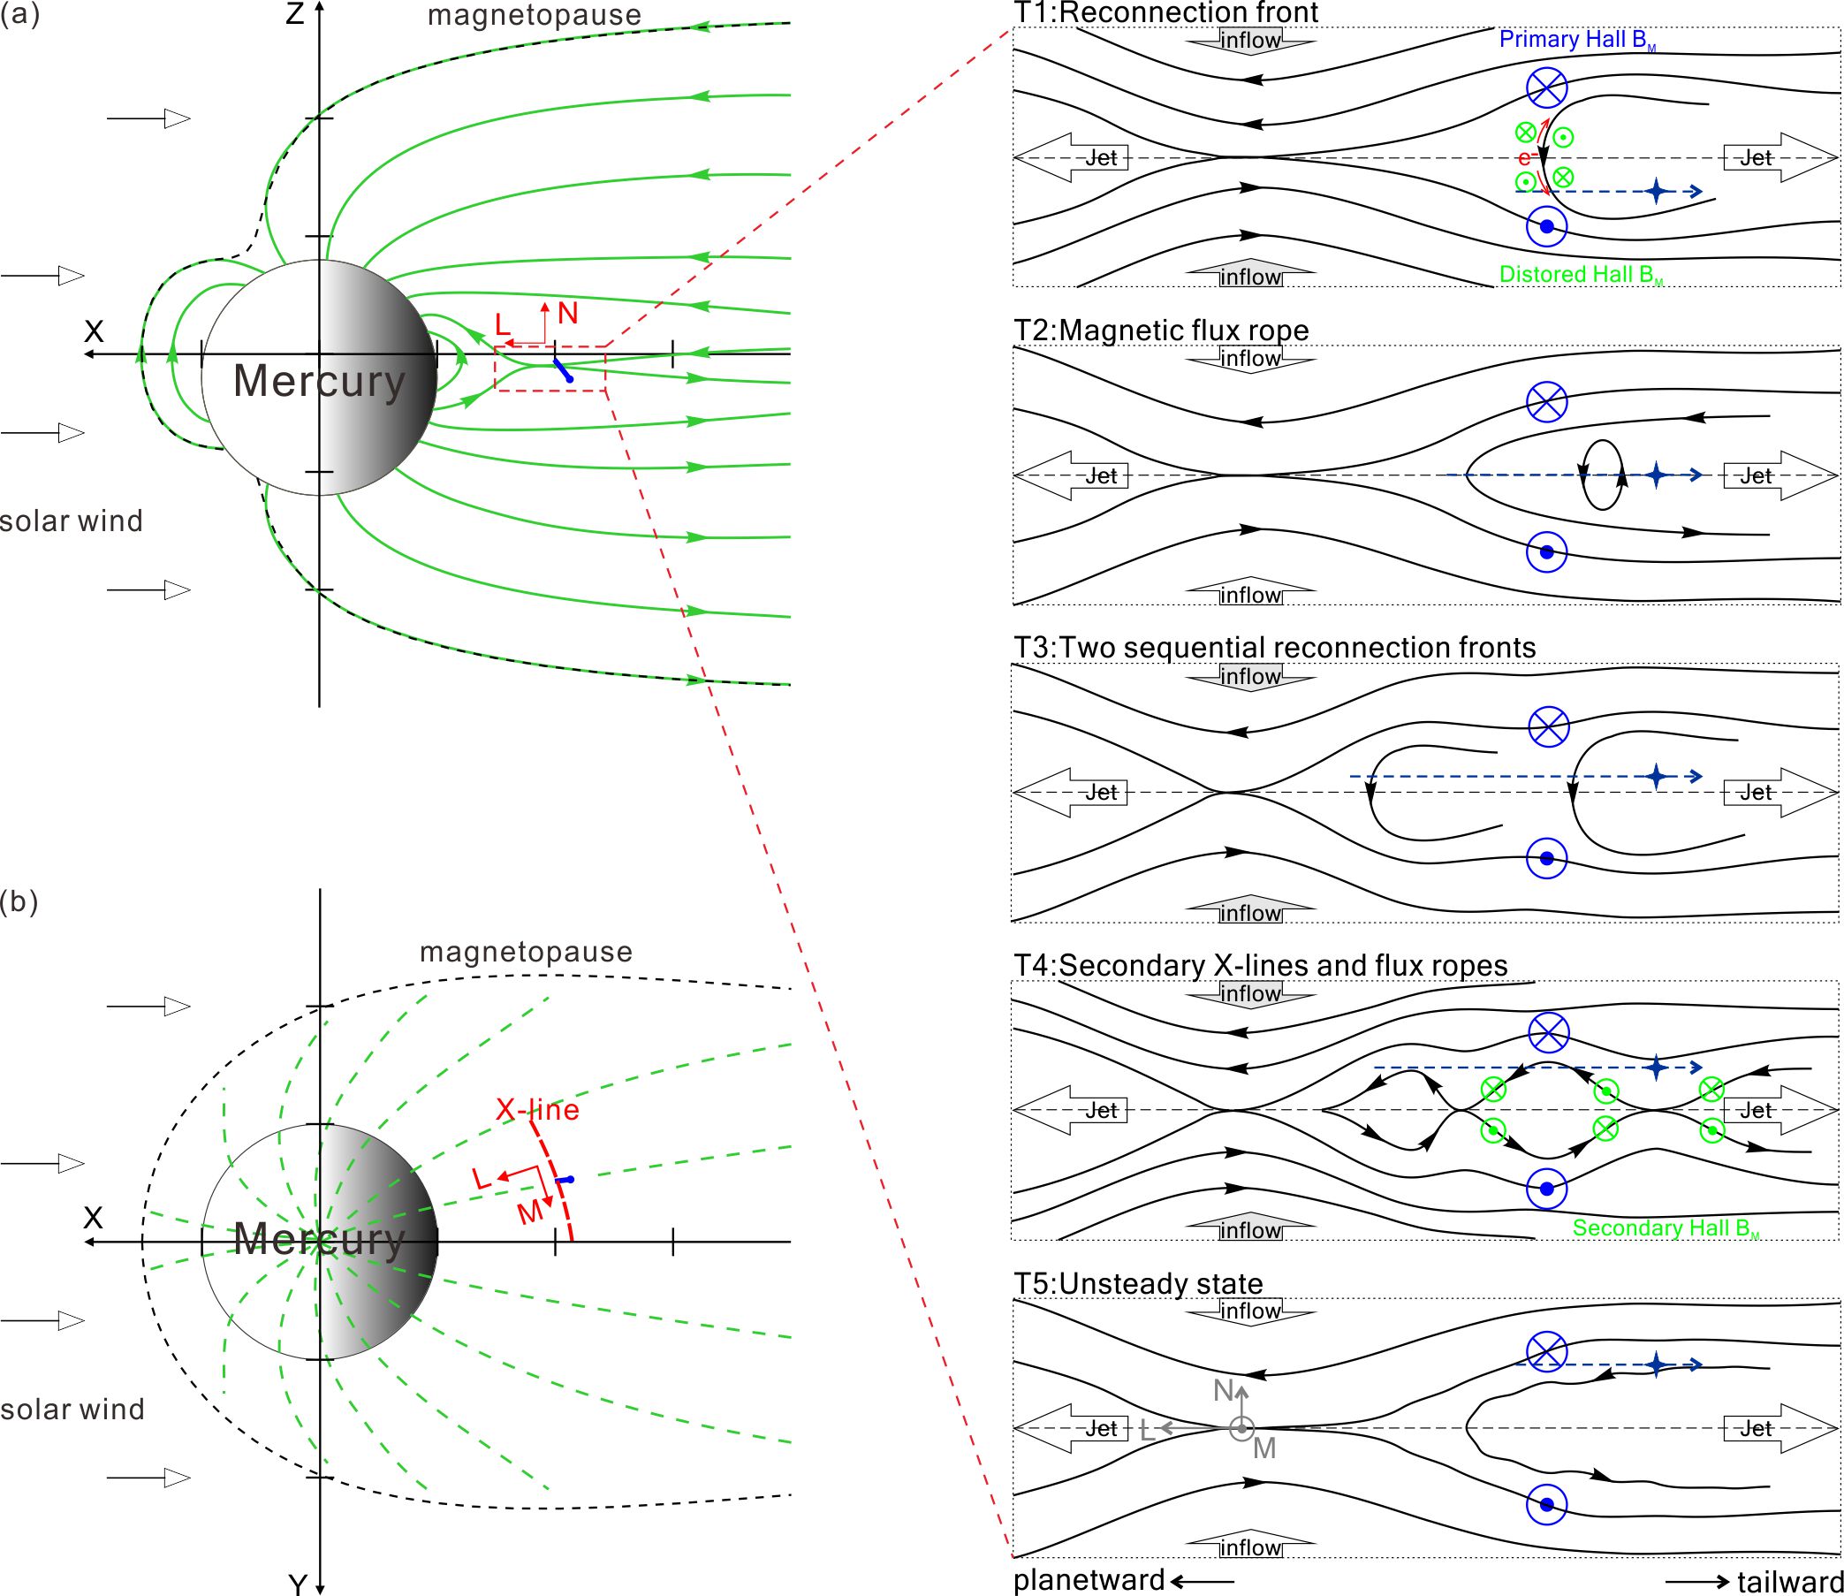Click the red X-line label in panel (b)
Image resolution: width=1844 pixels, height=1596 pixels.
click(x=537, y=1109)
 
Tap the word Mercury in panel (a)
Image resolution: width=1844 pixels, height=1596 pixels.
click(x=319, y=381)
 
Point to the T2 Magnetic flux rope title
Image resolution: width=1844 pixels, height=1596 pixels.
click(x=1161, y=331)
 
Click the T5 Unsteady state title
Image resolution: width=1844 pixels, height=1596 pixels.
click(x=1138, y=1283)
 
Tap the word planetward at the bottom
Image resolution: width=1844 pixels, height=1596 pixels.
click(x=1089, y=1579)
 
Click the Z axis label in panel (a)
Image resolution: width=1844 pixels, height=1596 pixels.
click(x=295, y=15)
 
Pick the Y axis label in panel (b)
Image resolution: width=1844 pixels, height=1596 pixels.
click(x=298, y=1582)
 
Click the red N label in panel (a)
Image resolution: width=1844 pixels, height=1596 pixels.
click(x=567, y=313)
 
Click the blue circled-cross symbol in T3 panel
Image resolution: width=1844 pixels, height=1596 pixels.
click(x=1548, y=726)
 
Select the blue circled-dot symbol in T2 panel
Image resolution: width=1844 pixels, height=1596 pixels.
click(x=1546, y=552)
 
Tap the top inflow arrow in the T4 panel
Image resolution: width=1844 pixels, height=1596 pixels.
click(x=1250, y=994)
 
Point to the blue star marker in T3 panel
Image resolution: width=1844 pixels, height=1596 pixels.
click(x=1656, y=776)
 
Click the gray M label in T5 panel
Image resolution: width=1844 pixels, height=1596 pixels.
click(x=1264, y=1449)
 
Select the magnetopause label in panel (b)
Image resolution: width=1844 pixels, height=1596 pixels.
click(x=526, y=952)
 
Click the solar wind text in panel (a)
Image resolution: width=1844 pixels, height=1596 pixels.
click(x=72, y=521)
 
